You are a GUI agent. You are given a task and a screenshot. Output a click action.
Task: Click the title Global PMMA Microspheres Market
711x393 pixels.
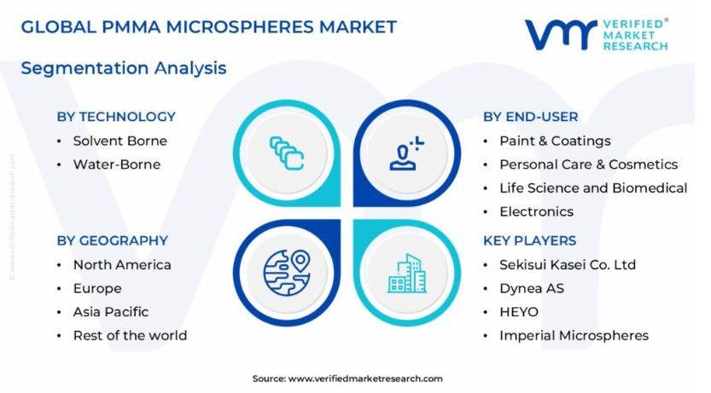208,27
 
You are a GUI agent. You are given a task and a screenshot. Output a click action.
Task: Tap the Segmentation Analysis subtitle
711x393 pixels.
124,68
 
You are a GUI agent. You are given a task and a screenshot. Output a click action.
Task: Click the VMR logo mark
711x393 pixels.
561,34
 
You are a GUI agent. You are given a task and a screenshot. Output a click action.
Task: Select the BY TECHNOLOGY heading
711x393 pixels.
116,117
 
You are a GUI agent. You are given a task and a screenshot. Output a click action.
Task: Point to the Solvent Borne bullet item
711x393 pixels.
120,141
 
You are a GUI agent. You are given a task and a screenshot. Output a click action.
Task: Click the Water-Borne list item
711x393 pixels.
117,165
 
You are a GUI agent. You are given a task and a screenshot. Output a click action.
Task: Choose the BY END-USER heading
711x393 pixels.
531,117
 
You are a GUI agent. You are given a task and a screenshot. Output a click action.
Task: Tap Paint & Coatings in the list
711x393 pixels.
555,142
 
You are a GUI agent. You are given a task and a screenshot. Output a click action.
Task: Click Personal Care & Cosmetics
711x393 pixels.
589,165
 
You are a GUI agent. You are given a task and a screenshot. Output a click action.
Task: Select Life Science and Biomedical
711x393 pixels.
593,188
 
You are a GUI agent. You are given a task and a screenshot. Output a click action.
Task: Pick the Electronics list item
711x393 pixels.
536,211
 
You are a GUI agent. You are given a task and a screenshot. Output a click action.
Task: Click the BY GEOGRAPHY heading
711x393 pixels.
113,240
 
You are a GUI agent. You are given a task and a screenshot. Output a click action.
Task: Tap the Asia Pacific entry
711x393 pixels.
111,312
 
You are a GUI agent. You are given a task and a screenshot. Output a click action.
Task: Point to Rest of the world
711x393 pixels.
130,336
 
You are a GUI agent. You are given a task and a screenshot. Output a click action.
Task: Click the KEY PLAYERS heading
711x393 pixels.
529,240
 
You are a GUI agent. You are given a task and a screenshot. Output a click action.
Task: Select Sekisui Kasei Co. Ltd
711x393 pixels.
568,265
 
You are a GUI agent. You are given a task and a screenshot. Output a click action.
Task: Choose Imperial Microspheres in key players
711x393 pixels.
574,336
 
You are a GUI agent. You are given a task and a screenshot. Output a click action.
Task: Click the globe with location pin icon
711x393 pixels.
287,273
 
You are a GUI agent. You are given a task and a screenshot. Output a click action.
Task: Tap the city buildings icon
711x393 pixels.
407,273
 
